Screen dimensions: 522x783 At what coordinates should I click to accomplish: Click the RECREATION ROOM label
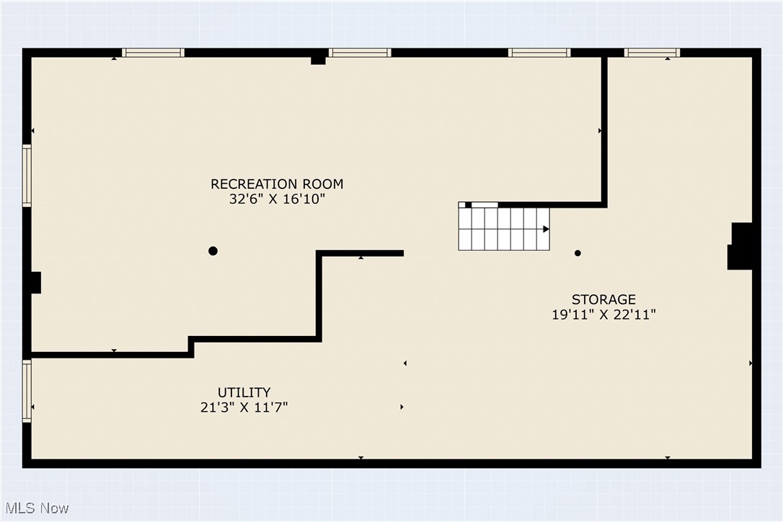coord(277,184)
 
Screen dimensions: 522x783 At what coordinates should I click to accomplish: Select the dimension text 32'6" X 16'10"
coord(277,200)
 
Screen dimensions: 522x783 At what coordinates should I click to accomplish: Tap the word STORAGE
coord(603,299)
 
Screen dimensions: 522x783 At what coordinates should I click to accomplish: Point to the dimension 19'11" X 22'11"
coord(603,315)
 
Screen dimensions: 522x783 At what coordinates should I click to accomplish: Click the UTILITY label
coord(244,392)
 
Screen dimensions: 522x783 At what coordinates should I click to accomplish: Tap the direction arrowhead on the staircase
coord(546,229)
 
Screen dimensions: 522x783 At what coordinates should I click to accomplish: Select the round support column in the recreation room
coord(213,251)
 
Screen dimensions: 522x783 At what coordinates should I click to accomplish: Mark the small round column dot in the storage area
coord(578,253)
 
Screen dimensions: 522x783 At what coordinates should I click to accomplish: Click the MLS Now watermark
coord(35,508)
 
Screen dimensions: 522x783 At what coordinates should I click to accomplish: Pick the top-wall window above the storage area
coord(652,53)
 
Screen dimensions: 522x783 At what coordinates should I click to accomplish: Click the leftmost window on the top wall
coord(153,53)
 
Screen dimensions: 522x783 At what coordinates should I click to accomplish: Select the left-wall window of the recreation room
coord(27,176)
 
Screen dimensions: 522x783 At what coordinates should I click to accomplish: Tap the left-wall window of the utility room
coord(27,391)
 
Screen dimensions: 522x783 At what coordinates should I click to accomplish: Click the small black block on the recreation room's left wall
coord(35,283)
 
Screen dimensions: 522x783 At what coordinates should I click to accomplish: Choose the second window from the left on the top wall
coord(360,53)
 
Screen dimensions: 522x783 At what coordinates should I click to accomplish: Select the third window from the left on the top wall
coord(539,53)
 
